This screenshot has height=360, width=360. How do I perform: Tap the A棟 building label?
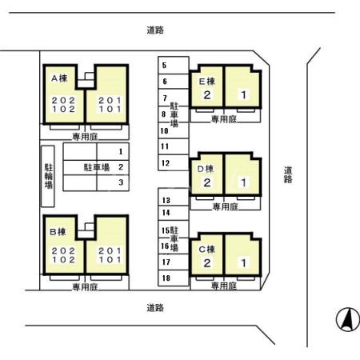(58, 78)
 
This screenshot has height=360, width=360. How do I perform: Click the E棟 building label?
(206, 81)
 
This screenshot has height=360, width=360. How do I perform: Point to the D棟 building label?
(206, 168)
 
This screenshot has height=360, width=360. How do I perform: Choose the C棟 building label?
(206, 249)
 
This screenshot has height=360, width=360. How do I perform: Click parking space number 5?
(164, 66)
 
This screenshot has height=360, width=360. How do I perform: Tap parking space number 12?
(164, 163)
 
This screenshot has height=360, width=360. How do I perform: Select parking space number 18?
(166, 278)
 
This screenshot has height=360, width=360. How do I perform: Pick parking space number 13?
(166, 200)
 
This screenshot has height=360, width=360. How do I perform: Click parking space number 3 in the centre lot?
(120, 182)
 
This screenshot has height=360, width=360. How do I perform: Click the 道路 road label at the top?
(155, 30)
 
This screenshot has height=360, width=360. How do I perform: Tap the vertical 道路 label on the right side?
(288, 174)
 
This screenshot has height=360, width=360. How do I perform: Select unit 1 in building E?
(242, 95)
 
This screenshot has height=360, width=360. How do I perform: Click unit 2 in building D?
(206, 182)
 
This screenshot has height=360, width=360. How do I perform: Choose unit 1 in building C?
(242, 262)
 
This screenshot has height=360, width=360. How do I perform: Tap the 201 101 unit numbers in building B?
(109, 255)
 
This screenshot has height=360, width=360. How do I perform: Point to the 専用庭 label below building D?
(225, 206)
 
